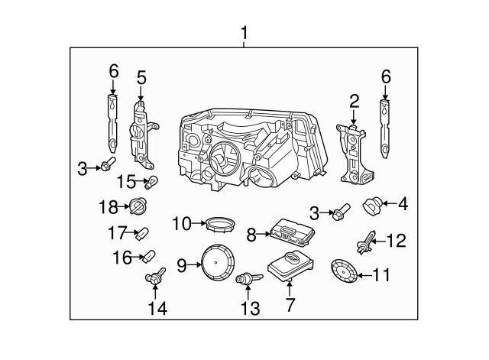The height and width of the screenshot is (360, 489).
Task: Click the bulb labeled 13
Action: click(248, 282)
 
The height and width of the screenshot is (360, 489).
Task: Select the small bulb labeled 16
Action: click(149, 255)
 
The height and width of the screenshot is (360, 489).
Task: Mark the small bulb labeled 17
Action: click(142, 233)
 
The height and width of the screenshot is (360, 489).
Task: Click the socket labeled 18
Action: click(138, 206)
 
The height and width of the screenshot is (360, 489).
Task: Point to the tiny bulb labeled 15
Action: click(152, 182)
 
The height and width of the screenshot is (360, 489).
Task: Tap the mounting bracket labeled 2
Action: click(351, 153)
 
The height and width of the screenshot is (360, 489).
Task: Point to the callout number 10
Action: click(180, 224)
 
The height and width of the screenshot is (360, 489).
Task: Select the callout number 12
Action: click(397, 242)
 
